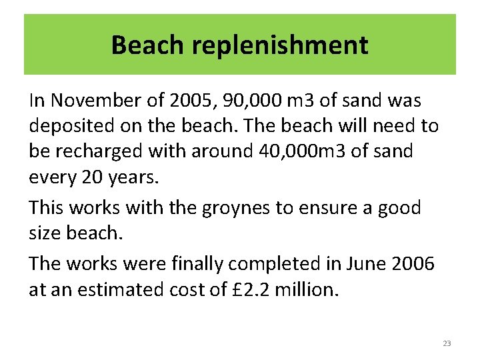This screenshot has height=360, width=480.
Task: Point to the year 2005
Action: tap(187, 101)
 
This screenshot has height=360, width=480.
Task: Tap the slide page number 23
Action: tap(447, 343)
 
